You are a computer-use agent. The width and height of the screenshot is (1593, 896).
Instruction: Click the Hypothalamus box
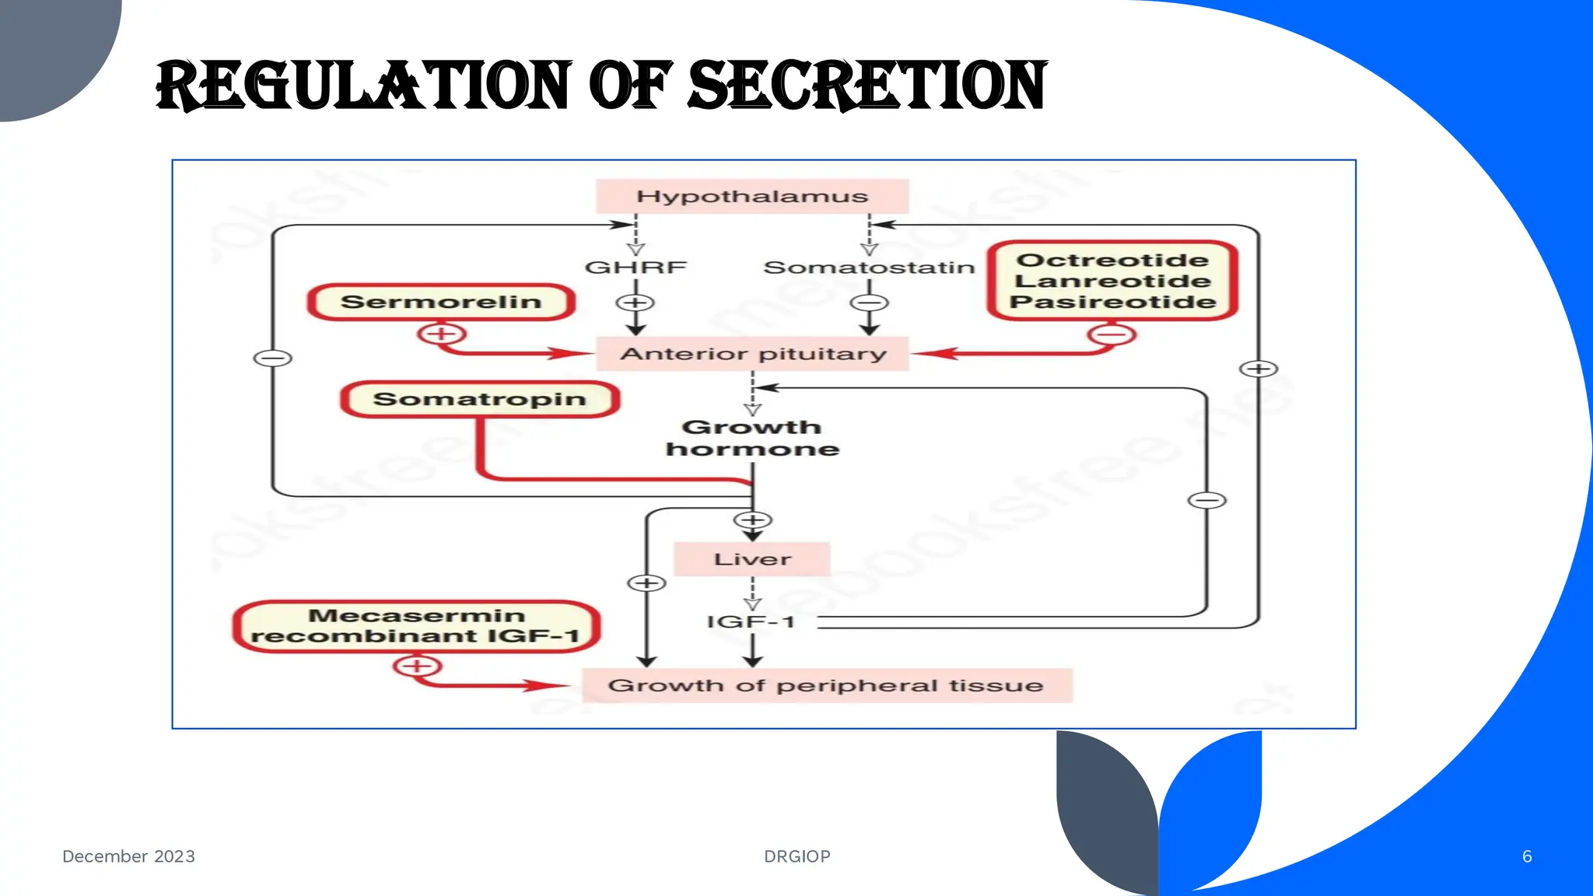point(752,196)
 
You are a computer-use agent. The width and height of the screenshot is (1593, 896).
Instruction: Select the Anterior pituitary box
point(753,354)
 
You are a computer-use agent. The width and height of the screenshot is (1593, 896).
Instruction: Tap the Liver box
point(752,559)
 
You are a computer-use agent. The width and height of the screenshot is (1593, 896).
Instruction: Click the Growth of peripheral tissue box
point(826,685)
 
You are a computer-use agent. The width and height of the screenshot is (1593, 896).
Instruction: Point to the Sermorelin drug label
point(441,302)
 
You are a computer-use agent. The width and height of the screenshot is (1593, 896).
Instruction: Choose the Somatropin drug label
point(479,399)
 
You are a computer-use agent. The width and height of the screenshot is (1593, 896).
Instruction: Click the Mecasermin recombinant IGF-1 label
point(416,626)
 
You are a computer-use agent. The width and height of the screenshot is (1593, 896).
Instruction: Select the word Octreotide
point(1112,260)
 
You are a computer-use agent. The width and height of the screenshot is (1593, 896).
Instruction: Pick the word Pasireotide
point(1112,302)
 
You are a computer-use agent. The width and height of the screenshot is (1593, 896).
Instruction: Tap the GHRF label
point(635,268)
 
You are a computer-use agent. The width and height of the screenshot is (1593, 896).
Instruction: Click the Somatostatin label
point(869,268)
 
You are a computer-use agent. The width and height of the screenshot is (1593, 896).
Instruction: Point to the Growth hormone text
point(752,438)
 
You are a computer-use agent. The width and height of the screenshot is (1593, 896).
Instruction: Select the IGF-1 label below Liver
point(751,621)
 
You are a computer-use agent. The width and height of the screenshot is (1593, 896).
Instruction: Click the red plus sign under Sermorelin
point(441,334)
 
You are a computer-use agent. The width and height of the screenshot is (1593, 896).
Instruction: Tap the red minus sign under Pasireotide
point(1112,335)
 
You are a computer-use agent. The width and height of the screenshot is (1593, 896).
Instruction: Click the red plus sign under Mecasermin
point(417,667)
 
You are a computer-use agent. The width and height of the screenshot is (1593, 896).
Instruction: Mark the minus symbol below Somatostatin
point(870,303)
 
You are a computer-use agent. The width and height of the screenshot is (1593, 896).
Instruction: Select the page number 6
point(1527,856)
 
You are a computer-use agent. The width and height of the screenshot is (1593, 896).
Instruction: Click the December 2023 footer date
point(128,856)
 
